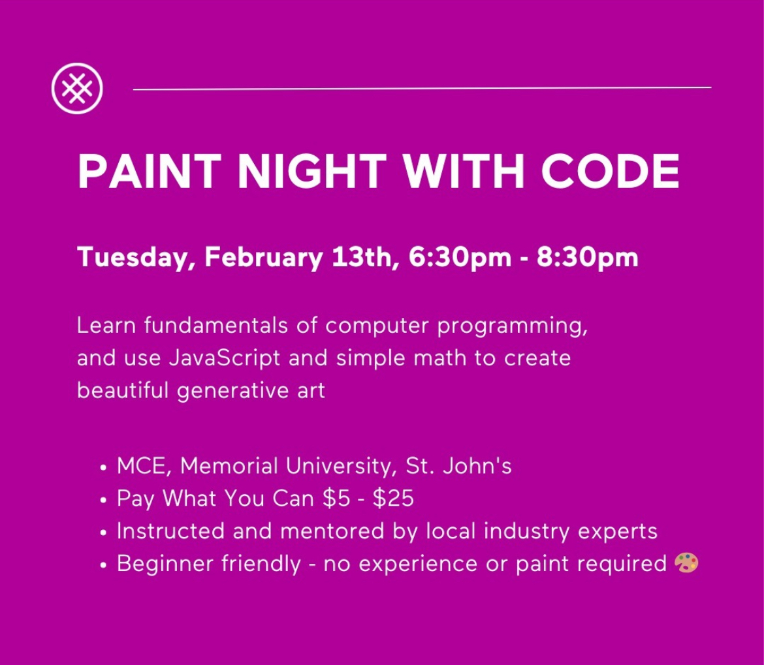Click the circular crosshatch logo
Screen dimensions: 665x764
[x=78, y=88]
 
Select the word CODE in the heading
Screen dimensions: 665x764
[x=611, y=171]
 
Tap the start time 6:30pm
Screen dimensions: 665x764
[x=460, y=257]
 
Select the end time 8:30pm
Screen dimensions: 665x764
[x=587, y=257]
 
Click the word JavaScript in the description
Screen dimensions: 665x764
[x=225, y=358]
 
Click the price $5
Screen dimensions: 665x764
[x=337, y=499]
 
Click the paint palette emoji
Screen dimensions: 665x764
[x=686, y=563]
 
